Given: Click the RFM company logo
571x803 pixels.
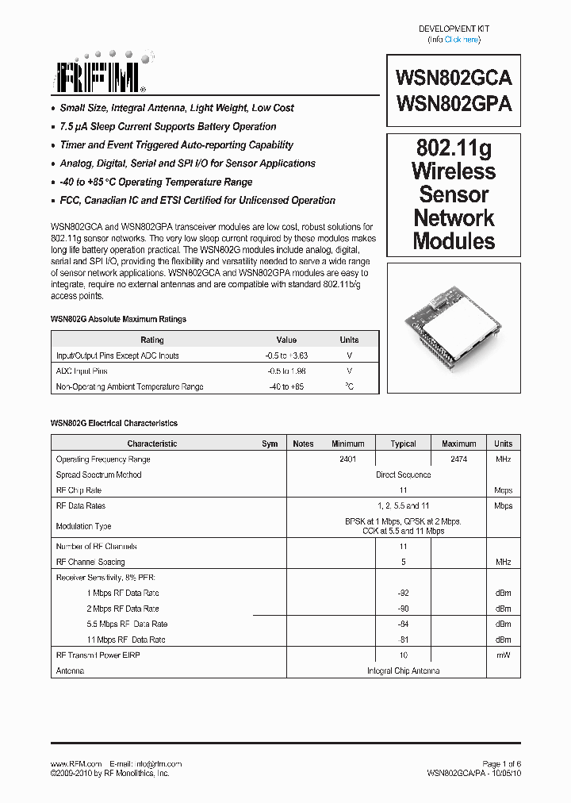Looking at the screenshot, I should coord(100,75).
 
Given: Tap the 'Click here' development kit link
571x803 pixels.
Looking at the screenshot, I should coord(462,40).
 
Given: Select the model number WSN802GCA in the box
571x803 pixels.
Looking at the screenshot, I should coord(453,78).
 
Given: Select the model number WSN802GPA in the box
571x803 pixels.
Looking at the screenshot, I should coord(453,103).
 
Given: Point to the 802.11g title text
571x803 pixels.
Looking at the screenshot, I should coord(454,148).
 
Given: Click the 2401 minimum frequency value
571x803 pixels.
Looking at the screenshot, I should coord(347,459).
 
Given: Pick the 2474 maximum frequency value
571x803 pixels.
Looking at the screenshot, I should coord(458,459).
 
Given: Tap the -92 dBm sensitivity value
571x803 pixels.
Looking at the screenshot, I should coord(403,593).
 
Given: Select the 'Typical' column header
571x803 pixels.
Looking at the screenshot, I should coord(403,444).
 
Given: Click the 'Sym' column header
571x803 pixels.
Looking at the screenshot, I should coord(270,444).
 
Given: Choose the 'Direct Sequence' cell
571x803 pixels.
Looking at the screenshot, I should coord(403,474).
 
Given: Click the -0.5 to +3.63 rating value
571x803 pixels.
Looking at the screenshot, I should coord(286,355).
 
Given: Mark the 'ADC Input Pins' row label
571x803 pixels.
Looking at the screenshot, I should coord(82,371).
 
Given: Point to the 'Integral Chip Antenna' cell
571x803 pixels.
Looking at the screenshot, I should coord(403,670).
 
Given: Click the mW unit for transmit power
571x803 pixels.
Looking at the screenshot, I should coord(503,655).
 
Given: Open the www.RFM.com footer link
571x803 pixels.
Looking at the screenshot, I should coord(76,763).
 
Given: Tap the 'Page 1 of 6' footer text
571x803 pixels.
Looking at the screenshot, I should coord(501,763).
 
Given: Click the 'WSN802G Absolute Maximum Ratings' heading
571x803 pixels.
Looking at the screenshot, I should coord(118,319).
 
